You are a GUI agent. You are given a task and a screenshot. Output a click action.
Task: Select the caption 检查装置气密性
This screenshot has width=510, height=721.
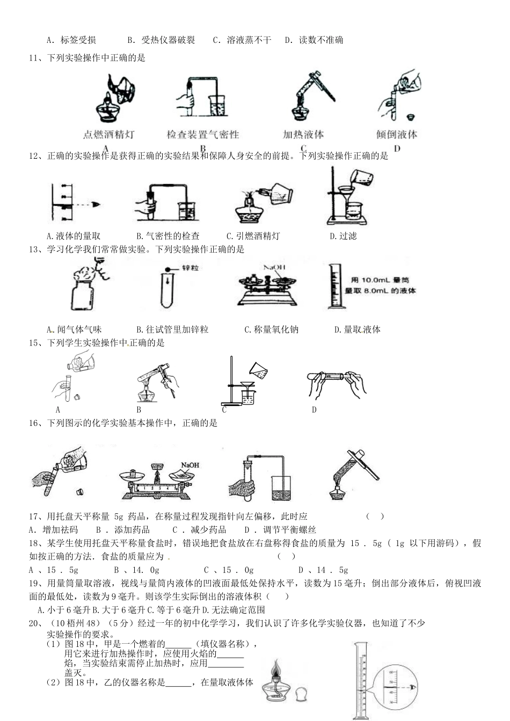[x=202, y=135]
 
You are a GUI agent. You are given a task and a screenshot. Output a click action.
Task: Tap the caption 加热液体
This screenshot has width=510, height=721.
[x=303, y=135]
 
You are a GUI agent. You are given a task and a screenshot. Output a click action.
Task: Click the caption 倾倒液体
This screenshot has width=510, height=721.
[x=397, y=135]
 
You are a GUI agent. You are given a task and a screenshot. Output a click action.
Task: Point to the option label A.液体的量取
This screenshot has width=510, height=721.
[x=74, y=236]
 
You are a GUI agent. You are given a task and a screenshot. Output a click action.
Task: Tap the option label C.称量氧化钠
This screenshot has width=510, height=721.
[x=271, y=329]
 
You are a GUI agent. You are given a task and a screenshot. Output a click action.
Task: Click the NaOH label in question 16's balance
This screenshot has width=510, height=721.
[x=190, y=465]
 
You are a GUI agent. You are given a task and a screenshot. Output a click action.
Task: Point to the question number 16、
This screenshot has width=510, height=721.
[x=35, y=423]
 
